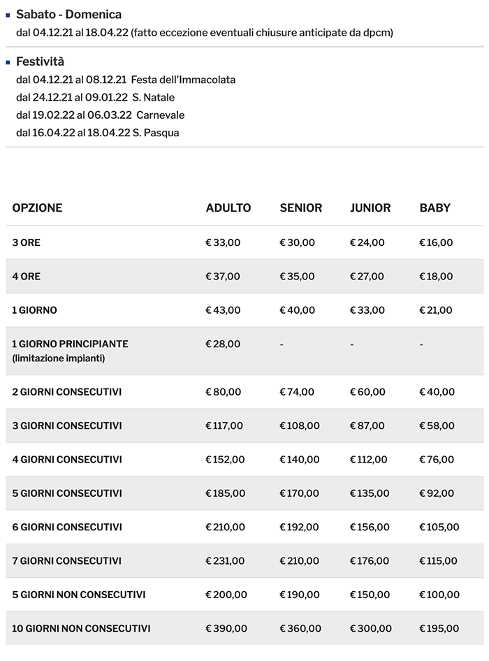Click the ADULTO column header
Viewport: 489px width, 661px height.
[228, 208]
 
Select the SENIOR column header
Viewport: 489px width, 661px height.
[300, 208]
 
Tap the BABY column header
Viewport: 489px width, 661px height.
[435, 208]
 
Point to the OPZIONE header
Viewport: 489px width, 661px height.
[37, 208]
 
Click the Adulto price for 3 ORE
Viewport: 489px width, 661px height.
[223, 242]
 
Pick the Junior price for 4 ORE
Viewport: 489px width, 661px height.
[367, 276]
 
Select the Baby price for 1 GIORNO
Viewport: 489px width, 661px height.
[436, 310]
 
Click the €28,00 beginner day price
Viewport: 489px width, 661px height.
[223, 344]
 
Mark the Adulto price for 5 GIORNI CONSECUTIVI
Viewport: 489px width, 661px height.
[225, 493]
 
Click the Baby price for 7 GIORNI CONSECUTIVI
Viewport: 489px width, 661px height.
[438, 560]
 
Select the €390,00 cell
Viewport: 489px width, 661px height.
[226, 628]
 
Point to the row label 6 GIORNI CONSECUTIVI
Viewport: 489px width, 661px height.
[67, 527]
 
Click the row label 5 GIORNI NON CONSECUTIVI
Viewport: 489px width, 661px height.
[79, 595]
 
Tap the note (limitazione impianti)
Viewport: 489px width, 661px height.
[58, 358]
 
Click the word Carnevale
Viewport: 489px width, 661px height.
[161, 115]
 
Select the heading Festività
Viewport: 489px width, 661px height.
[40, 61]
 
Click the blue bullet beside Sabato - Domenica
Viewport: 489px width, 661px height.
[8, 13]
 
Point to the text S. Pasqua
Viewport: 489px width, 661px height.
[156, 132]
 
